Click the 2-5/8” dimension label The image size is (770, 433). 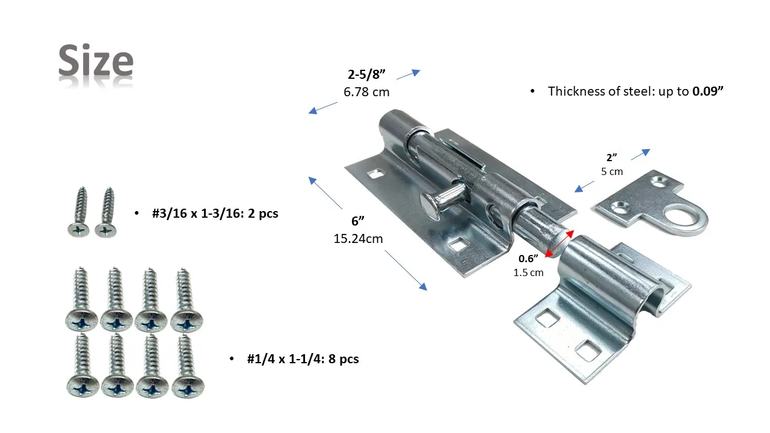point(366,74)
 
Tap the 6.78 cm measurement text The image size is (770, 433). point(366,92)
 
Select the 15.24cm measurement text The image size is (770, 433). point(358,239)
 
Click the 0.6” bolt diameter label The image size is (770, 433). point(528,259)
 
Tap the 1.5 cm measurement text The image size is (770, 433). point(528,272)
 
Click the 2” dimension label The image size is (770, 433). point(612,158)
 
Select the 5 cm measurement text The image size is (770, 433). point(612,171)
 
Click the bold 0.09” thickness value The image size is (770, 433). point(707,91)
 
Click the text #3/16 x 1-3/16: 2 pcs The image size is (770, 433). point(215,213)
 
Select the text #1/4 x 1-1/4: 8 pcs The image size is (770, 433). point(303,359)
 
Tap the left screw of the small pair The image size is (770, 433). point(79,212)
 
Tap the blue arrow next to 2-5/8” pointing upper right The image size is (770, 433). point(408,74)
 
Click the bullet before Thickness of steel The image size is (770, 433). point(532,91)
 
